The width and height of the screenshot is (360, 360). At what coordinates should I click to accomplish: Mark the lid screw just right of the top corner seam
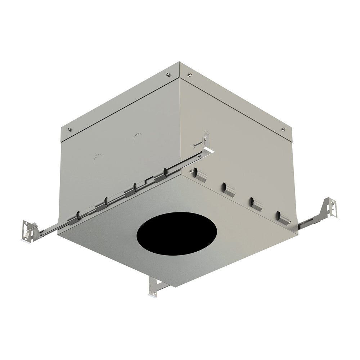pos(189,75)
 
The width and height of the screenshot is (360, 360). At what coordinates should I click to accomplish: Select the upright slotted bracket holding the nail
pos(206,138)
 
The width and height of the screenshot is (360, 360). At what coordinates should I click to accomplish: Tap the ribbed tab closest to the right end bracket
pos(284,218)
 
